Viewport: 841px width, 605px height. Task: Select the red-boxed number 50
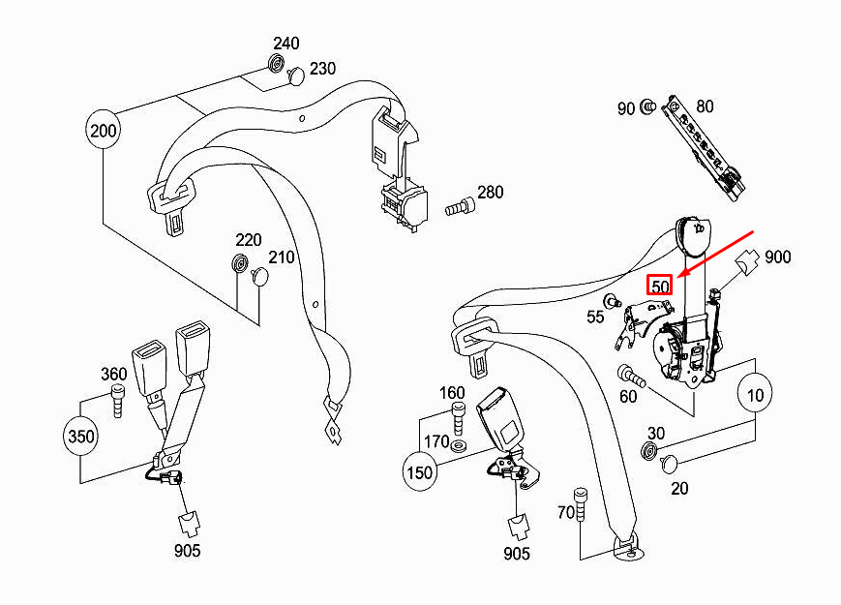coord(660,287)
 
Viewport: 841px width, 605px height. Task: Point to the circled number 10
coord(756,394)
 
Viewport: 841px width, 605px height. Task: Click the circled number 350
coord(82,436)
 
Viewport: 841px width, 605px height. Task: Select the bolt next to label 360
coord(119,400)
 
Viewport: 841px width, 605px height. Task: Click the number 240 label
coord(285,44)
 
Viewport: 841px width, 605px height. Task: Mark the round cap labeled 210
coord(259,278)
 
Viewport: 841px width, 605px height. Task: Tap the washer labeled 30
coord(648,450)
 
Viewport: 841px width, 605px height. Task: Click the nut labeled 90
coord(648,107)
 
